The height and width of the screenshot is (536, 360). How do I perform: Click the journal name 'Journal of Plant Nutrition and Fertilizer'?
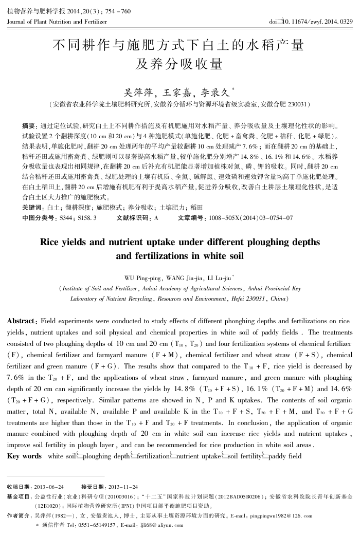coord(58,22)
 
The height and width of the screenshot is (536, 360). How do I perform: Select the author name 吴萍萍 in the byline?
coord(141,93)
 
